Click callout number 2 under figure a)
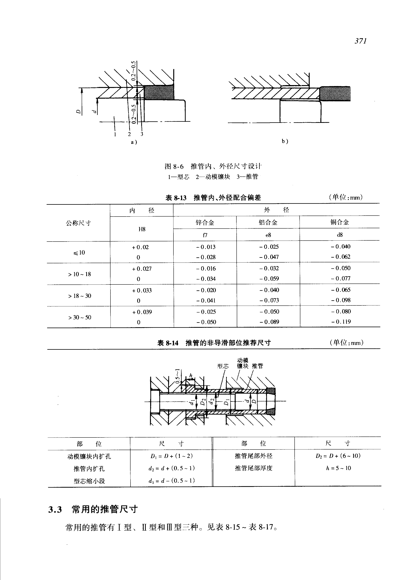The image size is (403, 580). point(129,134)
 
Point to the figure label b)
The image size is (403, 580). point(285,141)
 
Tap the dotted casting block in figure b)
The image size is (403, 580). point(335,93)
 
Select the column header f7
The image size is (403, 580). point(205,235)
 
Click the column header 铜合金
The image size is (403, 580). point(340,222)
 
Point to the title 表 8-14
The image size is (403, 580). point(168,343)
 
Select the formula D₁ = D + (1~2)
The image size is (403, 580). point(172,456)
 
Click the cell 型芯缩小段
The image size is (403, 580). point(89,481)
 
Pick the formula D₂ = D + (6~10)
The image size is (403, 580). point(338,456)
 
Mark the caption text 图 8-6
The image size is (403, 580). point(174,166)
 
